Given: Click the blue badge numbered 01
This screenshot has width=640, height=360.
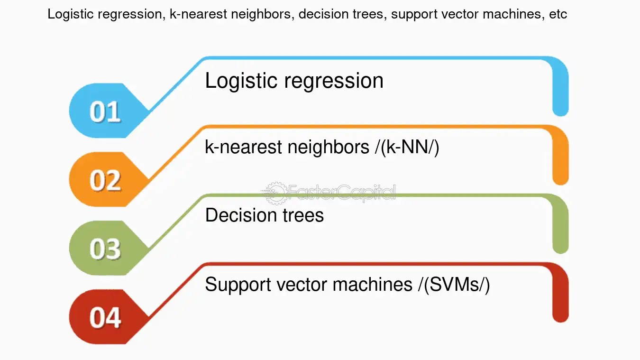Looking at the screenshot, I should pos(105,111).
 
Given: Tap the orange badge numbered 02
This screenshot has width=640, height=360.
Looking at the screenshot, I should pos(105,180).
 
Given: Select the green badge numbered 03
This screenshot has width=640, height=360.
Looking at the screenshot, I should pos(105,249).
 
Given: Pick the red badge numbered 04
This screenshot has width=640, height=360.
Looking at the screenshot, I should pos(105,317).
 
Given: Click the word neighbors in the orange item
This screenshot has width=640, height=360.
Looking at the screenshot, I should pos(328,148).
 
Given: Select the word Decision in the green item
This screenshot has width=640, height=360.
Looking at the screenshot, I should pos(237,215).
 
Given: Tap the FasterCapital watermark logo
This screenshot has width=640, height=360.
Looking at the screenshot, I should pos(329,193).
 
